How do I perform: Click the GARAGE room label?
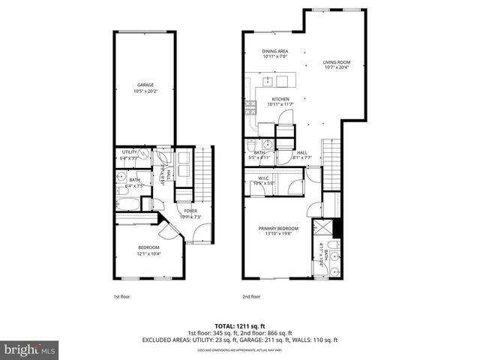coord(145,85)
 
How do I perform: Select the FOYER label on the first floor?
coord(191,211)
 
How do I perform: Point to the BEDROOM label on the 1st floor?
coord(148,247)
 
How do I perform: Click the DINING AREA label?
coord(274,51)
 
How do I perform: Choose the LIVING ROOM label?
coord(337,62)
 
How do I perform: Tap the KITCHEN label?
coord(280,99)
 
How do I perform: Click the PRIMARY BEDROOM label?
coord(278,228)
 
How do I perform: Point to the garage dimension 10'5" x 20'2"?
coord(145,91)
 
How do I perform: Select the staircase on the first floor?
coord(204,172)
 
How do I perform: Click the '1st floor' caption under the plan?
coord(122,296)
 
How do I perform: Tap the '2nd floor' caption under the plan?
coord(251,296)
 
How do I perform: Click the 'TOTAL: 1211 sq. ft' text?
coord(240,326)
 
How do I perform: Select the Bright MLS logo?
coord(30,349)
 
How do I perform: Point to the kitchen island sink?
coord(268,82)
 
